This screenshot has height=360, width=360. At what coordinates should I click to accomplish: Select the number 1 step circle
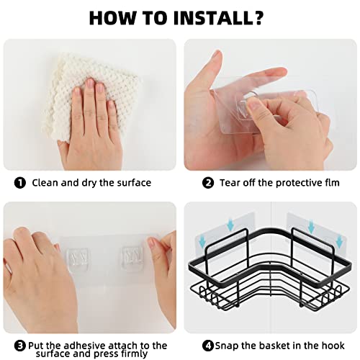pyautogui.click(x=20, y=183)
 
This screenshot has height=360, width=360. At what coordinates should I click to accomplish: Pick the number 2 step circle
pyautogui.click(x=208, y=183)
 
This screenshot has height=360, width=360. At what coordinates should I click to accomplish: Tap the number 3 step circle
pyautogui.click(x=20, y=346)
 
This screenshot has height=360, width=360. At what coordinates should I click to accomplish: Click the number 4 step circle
pyautogui.click(x=208, y=346)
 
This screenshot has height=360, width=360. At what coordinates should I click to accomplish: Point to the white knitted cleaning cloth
pyautogui.click(x=91, y=96)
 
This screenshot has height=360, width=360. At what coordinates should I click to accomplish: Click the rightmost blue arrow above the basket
pyautogui.click(x=339, y=241)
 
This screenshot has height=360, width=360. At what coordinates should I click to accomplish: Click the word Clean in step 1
pyautogui.click(x=45, y=183)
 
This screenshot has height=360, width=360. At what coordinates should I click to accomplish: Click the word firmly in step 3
pyautogui.click(x=135, y=354)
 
